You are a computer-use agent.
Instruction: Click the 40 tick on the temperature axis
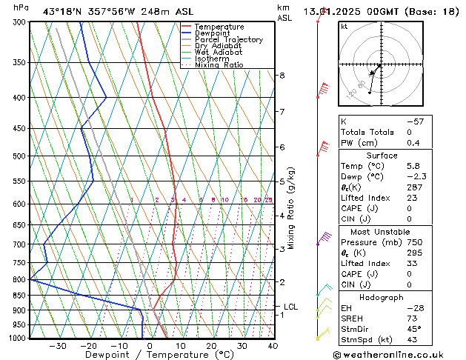click(273, 346)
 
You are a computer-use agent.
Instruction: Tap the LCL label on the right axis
click(291, 307)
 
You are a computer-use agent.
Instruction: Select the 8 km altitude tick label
click(282, 76)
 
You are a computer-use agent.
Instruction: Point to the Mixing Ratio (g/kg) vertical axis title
click(292, 208)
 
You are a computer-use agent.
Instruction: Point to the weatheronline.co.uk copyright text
click(399, 353)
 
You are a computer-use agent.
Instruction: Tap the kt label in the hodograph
click(344, 26)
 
